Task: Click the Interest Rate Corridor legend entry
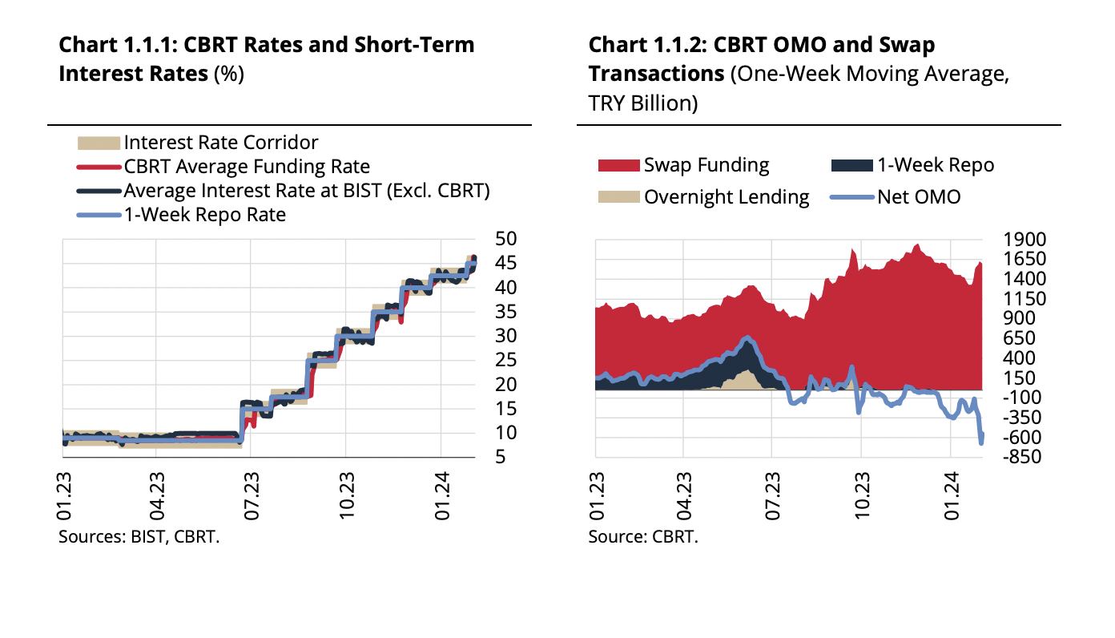pyautogui.click(x=220, y=143)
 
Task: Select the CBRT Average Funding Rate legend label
pyautogui.click(x=247, y=167)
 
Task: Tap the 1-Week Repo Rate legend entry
pyautogui.click(x=204, y=215)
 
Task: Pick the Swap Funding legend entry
pyautogui.click(x=706, y=165)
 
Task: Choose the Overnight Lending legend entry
pyautogui.click(x=727, y=196)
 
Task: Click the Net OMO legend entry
pyautogui.click(x=918, y=196)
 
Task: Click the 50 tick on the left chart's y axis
pyautogui.click(x=506, y=239)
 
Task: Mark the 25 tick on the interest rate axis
pyautogui.click(x=506, y=360)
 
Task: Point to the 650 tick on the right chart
pyautogui.click(x=1020, y=338)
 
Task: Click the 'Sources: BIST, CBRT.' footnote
pyautogui.click(x=139, y=537)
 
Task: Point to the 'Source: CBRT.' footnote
pyautogui.click(x=643, y=537)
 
